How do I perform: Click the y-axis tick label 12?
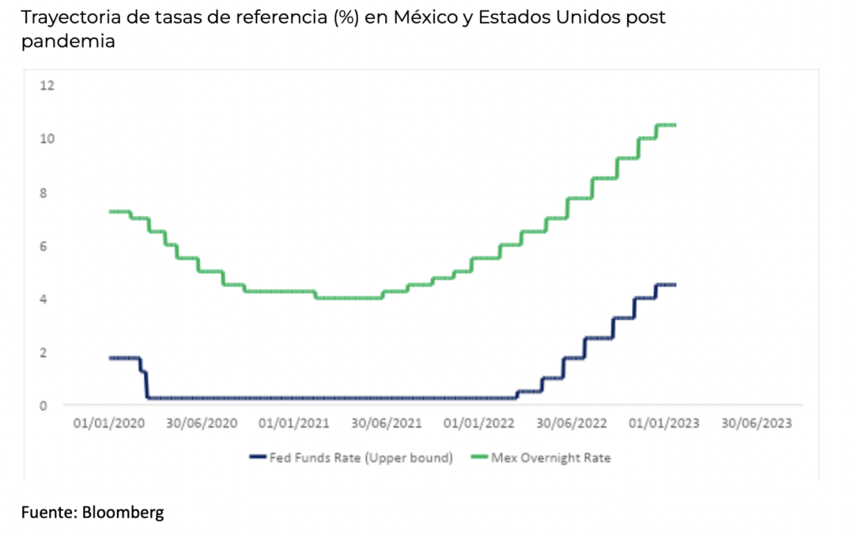click(47, 85)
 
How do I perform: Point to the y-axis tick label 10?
click(47, 139)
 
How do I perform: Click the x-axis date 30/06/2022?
click(572, 423)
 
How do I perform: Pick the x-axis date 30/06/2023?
click(757, 423)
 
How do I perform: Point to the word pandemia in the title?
click(68, 42)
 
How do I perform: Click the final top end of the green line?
click(675, 125)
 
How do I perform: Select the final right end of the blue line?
click(675, 285)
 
